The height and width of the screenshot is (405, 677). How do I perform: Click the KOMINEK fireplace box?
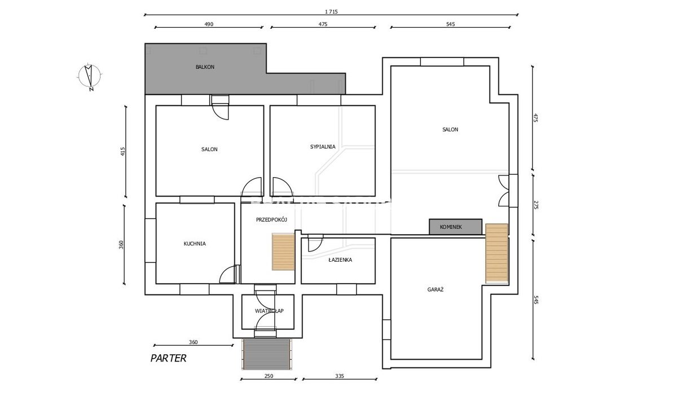pos(455,227)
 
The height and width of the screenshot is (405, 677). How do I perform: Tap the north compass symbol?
pos(90,77)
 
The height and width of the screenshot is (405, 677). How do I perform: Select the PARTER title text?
pos(168,358)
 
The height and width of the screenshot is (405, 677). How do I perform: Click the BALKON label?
pos(205,67)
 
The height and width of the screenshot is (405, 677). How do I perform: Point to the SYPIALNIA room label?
pos(323,147)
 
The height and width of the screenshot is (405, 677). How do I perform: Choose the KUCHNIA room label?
pos(195,244)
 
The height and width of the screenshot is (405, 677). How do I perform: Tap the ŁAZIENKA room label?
pos(340,259)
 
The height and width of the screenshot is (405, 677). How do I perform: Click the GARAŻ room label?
pos(436,289)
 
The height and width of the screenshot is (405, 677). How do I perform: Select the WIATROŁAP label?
pos(269,311)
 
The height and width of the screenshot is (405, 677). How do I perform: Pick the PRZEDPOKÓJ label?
pos(271,220)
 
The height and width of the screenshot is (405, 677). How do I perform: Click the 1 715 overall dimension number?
pos(331,12)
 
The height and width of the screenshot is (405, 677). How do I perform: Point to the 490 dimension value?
pos(209,24)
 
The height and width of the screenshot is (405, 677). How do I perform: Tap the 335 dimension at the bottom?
pos(340,376)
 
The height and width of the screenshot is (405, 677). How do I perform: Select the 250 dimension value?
pos(269,376)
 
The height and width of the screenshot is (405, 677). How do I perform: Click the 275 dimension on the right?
pos(536,205)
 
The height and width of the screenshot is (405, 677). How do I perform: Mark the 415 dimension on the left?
pos(122,151)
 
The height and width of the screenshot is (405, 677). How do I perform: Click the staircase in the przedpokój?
pos(283,252)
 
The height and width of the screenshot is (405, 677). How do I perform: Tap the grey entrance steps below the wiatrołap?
pos(266,354)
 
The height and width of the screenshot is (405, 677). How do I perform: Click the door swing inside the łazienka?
pos(315,244)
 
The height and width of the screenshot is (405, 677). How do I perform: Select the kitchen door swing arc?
pos(227,275)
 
